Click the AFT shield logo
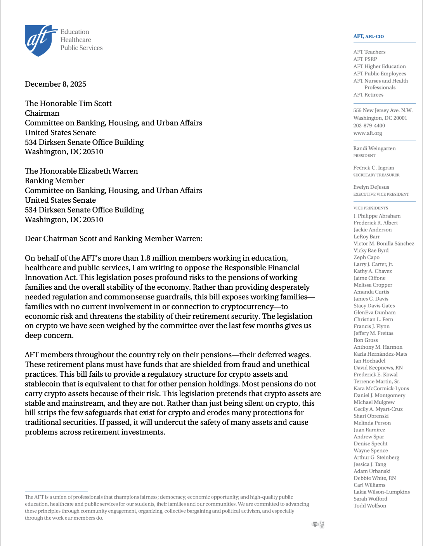coord(38,40)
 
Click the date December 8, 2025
coord(55,84)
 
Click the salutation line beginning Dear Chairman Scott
coord(113,239)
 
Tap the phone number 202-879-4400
coord(369,126)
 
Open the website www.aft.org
coord(368,133)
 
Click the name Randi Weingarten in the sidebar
coord(374,148)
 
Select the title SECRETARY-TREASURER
coord(376,175)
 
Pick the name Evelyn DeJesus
coord(371,187)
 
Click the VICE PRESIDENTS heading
coord(371,208)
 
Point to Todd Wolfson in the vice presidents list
coord(370,506)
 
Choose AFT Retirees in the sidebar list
coord(368,95)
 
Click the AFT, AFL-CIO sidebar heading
coord(368,37)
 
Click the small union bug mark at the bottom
coord(318,525)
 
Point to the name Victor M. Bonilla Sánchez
coord(384,243)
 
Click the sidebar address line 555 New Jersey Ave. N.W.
coord(383,110)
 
